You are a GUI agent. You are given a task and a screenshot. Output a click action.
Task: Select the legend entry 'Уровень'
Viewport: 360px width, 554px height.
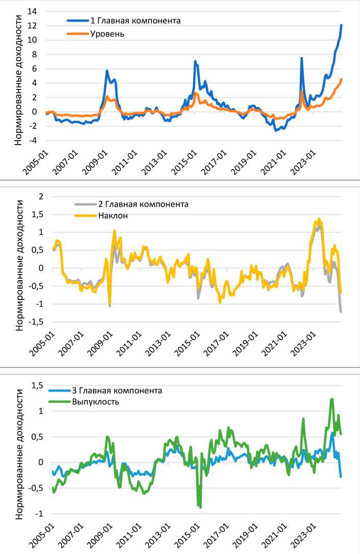click(x=107, y=34)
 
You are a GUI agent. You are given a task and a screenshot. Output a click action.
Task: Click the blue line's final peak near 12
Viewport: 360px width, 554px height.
click(x=341, y=25)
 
